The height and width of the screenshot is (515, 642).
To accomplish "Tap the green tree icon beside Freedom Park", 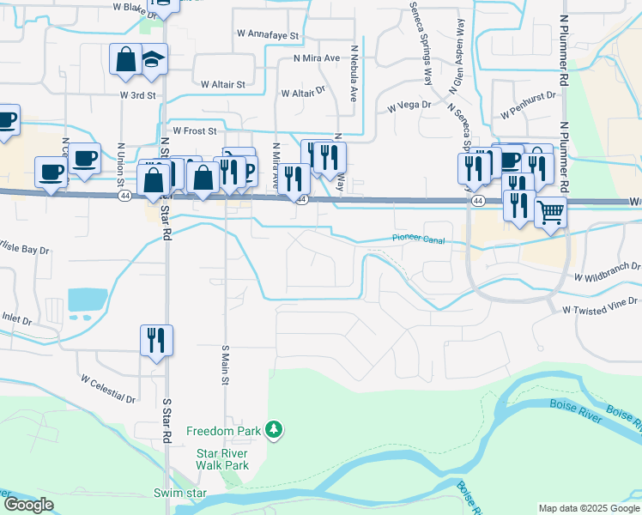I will (274, 428).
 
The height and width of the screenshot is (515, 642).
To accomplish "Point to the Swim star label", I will (180, 493).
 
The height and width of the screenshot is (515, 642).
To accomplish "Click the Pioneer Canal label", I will (419, 239).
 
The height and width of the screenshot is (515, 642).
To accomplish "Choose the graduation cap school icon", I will (153, 59).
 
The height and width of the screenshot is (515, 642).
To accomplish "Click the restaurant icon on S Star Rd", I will (156, 339).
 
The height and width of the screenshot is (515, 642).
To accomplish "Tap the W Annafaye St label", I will (268, 36).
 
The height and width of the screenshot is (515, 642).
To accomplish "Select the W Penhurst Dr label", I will (528, 112).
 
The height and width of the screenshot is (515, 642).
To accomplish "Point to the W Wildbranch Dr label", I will (608, 272).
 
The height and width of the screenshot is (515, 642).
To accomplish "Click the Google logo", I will (27, 505).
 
